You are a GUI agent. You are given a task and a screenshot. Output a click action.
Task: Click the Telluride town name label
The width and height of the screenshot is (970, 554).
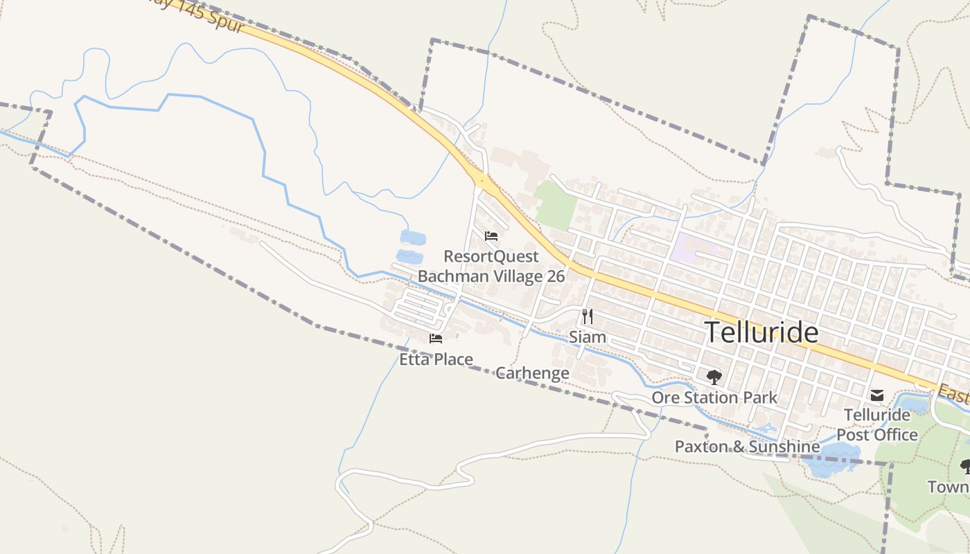(x=761, y=332)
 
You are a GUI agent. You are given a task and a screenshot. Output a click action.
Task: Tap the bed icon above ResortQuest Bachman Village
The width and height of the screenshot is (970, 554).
(x=491, y=236)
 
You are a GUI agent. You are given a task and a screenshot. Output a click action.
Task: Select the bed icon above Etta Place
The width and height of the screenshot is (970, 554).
(x=436, y=339)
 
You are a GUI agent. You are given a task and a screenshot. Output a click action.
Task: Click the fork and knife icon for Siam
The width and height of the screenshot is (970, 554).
(x=588, y=316)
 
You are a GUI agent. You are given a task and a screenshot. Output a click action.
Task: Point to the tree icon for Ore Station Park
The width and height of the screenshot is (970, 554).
(x=714, y=377)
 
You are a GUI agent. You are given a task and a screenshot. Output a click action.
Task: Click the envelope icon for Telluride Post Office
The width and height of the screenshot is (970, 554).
(x=877, y=395)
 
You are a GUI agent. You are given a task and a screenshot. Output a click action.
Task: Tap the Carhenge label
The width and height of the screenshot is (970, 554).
(x=532, y=373)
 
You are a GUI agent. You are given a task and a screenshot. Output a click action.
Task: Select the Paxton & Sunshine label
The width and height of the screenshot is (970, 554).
(x=747, y=447)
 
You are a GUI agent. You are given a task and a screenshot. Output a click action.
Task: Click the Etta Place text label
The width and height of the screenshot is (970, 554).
(x=436, y=359)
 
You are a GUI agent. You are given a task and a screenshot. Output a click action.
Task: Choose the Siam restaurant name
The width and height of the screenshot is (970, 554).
(x=588, y=337)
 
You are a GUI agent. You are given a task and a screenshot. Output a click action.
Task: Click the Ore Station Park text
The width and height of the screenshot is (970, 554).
(x=714, y=397)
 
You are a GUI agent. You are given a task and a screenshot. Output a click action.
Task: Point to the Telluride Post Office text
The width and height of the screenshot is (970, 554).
(x=877, y=425)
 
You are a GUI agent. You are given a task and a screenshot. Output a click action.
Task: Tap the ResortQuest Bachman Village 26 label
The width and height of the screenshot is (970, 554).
(x=491, y=267)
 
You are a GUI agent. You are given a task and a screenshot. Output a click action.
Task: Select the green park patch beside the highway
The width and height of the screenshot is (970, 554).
(x=556, y=206)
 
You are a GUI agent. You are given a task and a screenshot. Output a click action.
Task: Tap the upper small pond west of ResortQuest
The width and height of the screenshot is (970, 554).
(x=413, y=238)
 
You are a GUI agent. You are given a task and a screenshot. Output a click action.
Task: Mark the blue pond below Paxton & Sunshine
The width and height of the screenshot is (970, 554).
(x=829, y=461)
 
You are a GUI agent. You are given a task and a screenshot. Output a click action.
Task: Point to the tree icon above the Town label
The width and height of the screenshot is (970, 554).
(x=965, y=466)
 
